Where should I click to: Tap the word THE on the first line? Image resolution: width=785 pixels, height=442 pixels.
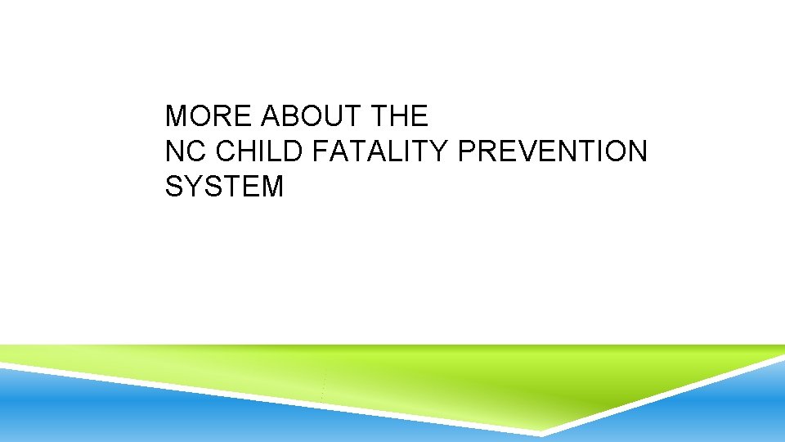pyautogui.click(x=399, y=116)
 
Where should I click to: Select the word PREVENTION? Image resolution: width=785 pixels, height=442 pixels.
pyautogui.click(x=554, y=151)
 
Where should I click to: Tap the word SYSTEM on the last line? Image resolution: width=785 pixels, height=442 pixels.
pyautogui.click(x=224, y=187)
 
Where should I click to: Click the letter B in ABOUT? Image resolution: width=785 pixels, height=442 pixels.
pyautogui.click(x=293, y=116)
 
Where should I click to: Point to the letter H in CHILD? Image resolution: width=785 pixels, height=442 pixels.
pyautogui.click(x=247, y=151)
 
